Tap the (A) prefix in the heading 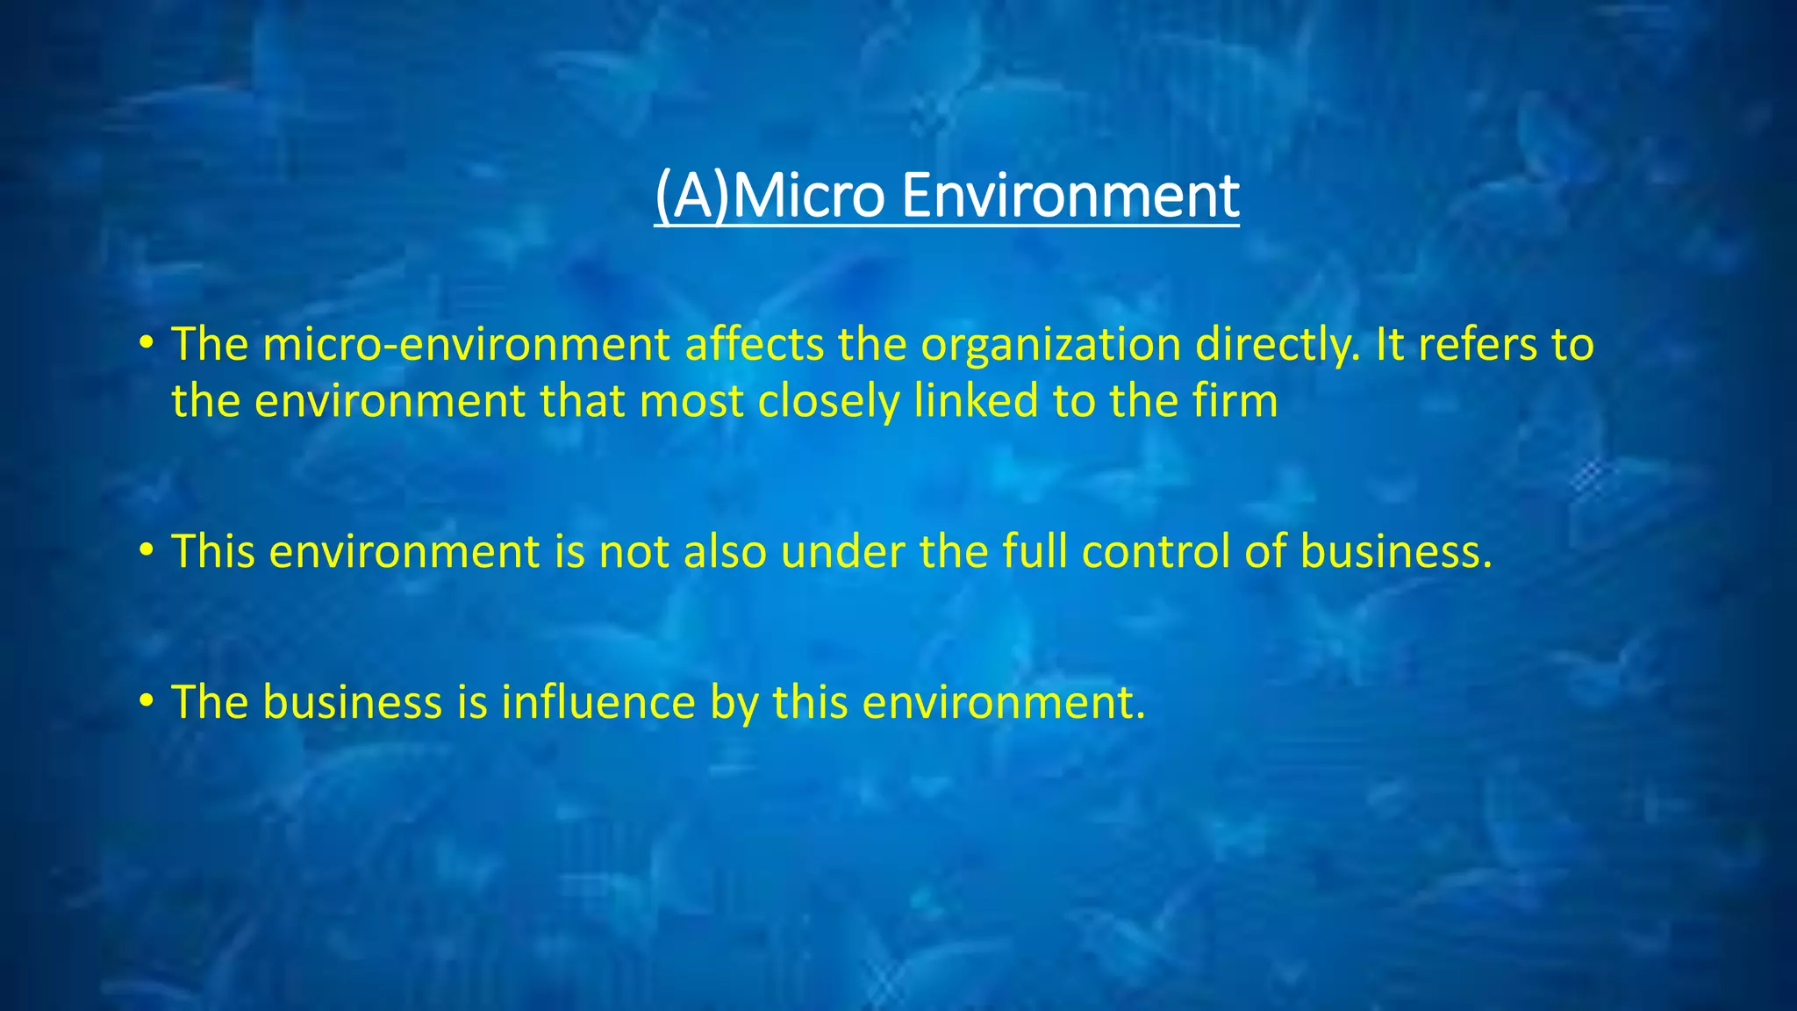pyautogui.click(x=692, y=196)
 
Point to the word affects pyautogui.click(x=755, y=344)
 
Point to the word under pyautogui.click(x=842, y=552)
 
